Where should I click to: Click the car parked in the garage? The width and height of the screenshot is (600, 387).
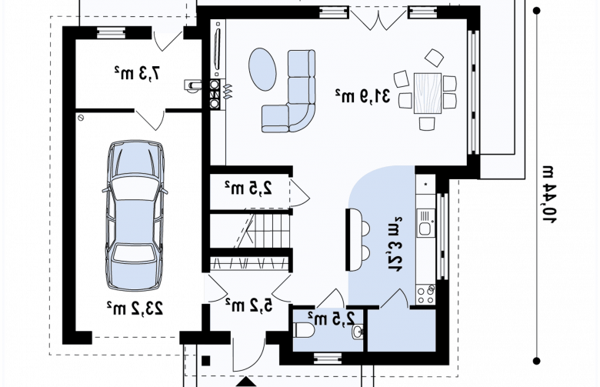point(135,215)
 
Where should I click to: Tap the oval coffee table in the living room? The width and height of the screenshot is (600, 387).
point(262,69)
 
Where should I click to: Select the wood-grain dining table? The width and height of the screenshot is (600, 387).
point(428,93)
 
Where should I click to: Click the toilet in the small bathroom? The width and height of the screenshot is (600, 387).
point(305,330)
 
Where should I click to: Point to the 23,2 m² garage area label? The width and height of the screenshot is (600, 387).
point(135,309)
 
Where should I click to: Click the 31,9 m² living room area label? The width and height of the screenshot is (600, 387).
point(363,96)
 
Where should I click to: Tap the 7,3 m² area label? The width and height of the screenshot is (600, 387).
point(137,73)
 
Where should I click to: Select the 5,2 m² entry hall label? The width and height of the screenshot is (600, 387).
point(249,305)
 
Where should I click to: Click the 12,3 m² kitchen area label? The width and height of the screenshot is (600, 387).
point(395,244)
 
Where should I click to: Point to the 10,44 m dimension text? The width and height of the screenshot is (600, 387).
point(549,195)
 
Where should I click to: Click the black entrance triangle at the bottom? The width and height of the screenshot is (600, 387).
point(247,382)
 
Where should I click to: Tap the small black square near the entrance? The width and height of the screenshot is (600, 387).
point(206,361)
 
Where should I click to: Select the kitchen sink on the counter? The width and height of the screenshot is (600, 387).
point(425,223)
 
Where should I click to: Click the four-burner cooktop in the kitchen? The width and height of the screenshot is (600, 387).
point(425,294)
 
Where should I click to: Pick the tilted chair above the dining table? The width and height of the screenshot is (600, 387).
point(434,58)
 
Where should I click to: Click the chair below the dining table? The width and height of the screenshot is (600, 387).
point(427,124)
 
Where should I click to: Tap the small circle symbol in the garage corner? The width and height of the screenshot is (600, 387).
point(81,118)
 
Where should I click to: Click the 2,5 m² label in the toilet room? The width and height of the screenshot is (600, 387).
point(332,318)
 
